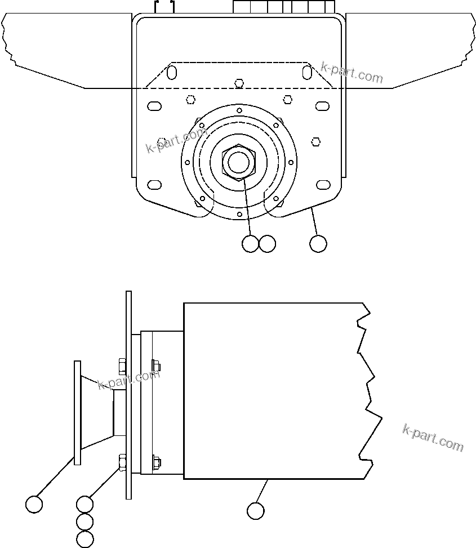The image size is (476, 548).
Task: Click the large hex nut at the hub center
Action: point(239,162)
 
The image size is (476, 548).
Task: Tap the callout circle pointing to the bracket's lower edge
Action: point(318,244)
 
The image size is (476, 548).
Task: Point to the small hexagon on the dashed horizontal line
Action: point(239,83)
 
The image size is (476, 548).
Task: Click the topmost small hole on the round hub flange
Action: point(239,110)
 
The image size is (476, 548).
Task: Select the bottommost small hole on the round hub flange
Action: point(239,214)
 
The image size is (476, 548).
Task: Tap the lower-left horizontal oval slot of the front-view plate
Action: point(154,185)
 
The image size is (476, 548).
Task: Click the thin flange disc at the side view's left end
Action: point(77,413)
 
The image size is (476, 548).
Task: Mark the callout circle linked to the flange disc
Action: point(34,504)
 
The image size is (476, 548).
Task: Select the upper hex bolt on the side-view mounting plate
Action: point(122,366)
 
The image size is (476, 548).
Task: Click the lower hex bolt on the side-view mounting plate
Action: point(122,462)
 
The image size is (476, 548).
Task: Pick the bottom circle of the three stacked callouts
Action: point(84,539)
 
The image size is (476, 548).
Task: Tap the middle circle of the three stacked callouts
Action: point(84,522)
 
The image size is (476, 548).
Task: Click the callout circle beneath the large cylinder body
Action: point(256,511)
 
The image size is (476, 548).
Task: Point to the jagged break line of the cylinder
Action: point(369,389)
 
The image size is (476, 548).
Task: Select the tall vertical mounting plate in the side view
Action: point(128,394)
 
